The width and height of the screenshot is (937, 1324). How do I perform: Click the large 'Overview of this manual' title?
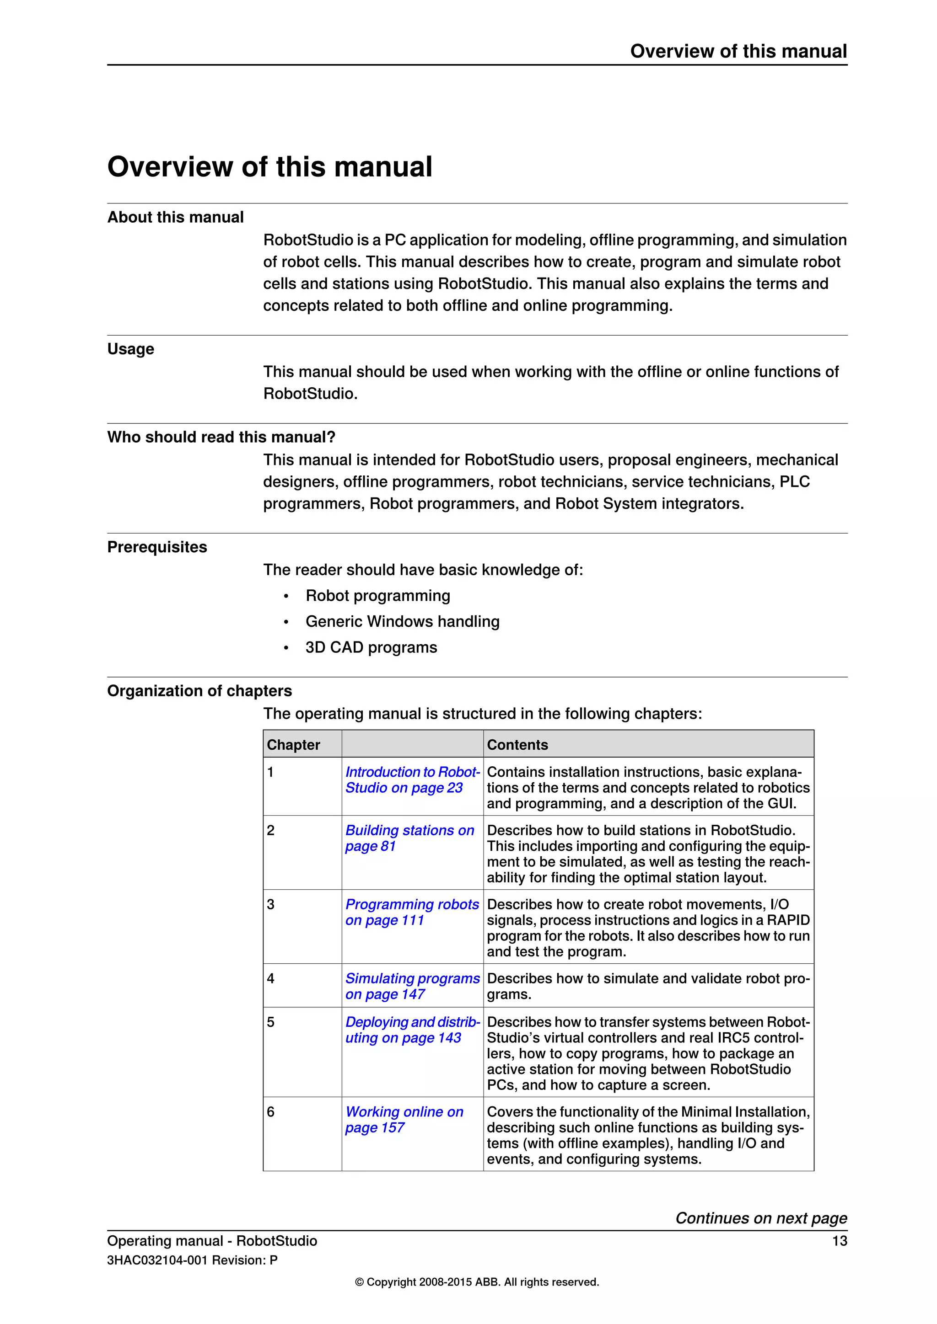[x=269, y=167]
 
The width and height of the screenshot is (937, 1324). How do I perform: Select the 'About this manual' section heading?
[x=175, y=218]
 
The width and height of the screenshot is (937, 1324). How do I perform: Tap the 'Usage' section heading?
[x=130, y=349]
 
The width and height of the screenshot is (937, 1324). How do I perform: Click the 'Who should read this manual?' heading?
[x=221, y=437]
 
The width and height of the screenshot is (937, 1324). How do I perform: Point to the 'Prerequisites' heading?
[x=157, y=547]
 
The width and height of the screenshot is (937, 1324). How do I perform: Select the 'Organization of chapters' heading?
[x=199, y=691]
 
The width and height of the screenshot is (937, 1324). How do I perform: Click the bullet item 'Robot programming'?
[x=377, y=596]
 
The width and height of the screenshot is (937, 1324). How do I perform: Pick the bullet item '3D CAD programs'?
[x=371, y=647]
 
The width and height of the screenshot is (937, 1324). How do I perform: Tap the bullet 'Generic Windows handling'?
[x=402, y=622]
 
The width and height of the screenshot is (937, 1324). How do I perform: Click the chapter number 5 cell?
[x=270, y=1022]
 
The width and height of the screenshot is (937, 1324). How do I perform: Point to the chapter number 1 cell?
[x=270, y=772]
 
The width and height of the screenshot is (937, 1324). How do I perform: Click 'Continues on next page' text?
[x=760, y=1218]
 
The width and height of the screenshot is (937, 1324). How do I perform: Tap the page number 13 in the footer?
[x=839, y=1241]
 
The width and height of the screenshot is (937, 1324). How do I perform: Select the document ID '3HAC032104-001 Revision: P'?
[x=192, y=1260]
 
